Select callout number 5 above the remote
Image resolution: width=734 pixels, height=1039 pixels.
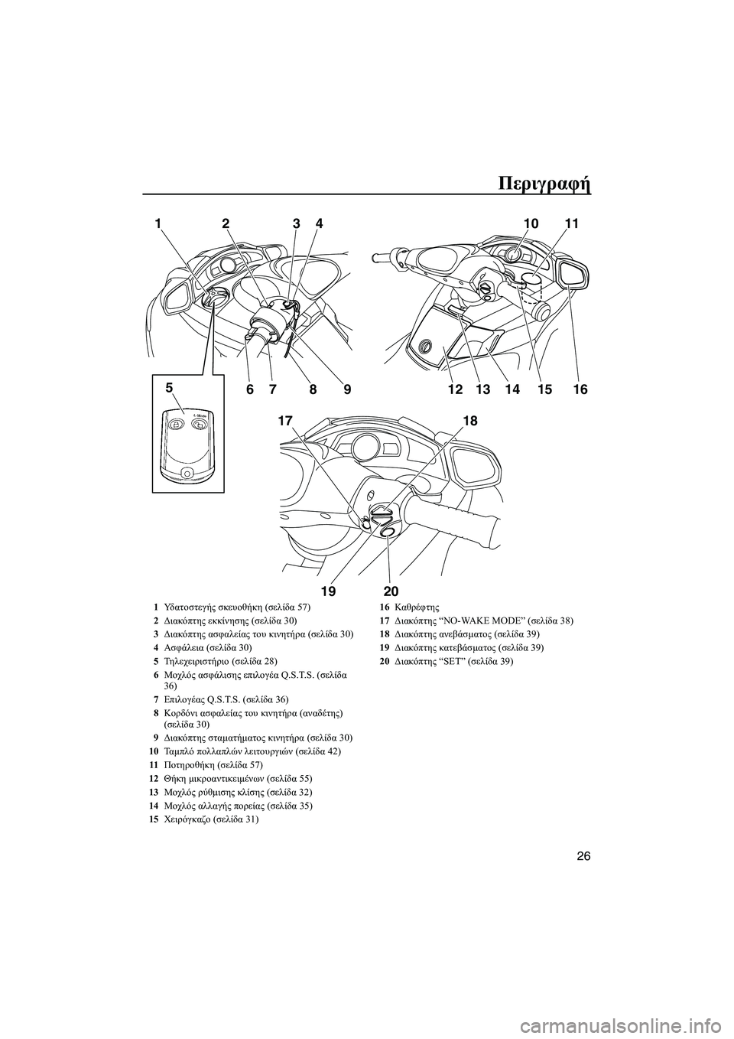point(169,386)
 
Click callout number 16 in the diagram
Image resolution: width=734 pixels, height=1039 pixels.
point(580,390)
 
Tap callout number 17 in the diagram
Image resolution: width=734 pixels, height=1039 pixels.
point(287,421)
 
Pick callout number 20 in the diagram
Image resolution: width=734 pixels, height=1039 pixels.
point(391,591)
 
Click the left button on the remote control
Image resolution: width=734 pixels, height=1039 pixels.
point(175,424)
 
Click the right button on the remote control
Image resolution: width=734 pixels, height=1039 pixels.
point(196,424)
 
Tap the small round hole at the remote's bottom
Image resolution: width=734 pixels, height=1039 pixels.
point(187,473)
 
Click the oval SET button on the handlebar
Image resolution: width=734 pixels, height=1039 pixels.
point(388,533)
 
